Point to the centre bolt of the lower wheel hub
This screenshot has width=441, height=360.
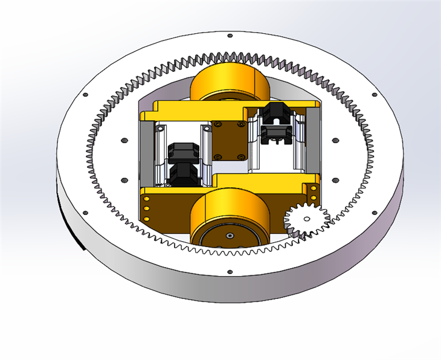pyautogui.click(x=230, y=234)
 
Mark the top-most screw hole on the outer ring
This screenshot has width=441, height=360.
pyautogui.click(x=229, y=35)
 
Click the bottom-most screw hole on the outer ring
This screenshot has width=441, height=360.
pyautogui.click(x=230, y=272)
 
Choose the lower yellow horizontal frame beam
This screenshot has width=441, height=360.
pyautogui.click(x=266, y=181)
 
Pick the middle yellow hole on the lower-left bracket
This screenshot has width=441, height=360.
pyautogui.click(x=146, y=208)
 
